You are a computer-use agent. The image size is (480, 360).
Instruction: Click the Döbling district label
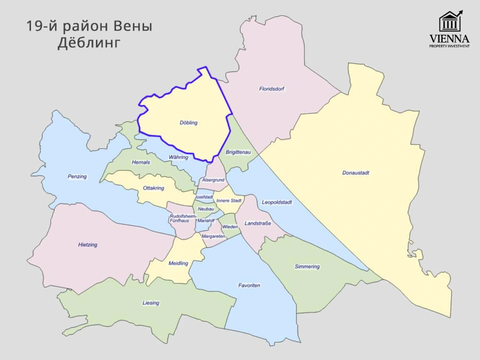(188, 122)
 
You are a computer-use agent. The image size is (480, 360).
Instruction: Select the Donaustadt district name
(355, 173)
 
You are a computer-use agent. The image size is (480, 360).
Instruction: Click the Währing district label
(178, 157)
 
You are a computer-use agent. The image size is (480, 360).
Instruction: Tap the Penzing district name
(77, 176)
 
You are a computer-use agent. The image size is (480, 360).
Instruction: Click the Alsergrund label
(213, 180)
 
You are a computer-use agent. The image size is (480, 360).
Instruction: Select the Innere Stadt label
(229, 200)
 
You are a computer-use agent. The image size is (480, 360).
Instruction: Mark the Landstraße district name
(257, 223)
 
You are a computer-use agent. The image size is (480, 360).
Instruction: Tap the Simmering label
(307, 266)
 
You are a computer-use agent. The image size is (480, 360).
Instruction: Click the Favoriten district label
(249, 285)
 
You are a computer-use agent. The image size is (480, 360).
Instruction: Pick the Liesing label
(150, 303)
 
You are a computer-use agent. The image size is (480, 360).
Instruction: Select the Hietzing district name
(87, 245)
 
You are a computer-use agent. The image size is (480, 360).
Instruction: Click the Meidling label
(178, 263)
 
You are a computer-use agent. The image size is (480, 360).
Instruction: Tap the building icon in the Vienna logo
(449, 22)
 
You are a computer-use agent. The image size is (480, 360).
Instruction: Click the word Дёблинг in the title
(89, 43)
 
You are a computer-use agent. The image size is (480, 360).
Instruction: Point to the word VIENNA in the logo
(449, 38)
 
